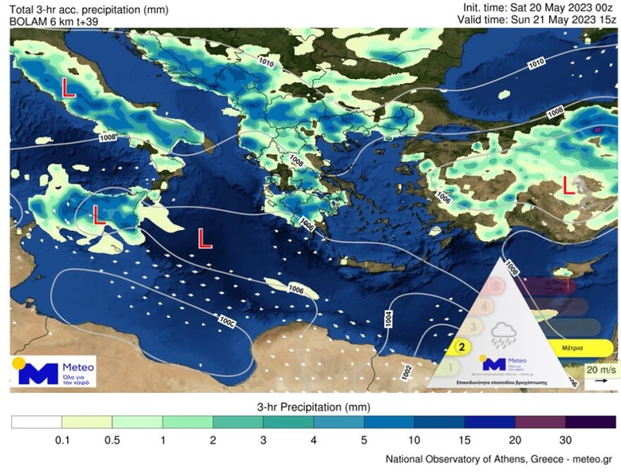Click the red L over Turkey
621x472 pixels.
[567, 186]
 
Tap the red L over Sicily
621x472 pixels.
[99, 214]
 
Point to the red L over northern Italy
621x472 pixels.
[69, 87]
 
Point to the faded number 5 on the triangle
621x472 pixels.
[496, 286]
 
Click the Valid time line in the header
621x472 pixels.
[537, 19]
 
